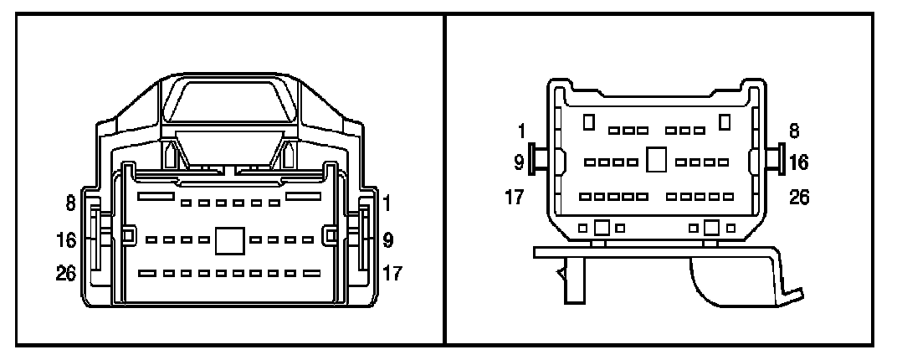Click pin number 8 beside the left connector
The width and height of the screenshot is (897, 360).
coord(72,202)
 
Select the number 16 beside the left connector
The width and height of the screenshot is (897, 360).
coord(67,241)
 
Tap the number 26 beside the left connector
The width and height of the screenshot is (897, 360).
coord(67,274)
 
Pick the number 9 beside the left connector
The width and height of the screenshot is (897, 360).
coord(389,241)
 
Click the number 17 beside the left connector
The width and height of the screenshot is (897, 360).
coord(392,274)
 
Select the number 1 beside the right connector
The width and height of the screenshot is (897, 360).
coord(521,131)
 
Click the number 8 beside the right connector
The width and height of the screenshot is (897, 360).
coord(793,131)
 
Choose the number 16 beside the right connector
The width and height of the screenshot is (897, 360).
coord(799,161)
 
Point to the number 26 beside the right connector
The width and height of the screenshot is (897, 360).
coord(799,198)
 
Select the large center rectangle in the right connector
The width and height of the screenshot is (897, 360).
coord(657,160)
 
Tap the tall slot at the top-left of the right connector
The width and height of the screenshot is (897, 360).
coord(589,122)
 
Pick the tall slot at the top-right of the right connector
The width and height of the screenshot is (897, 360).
coord(725,122)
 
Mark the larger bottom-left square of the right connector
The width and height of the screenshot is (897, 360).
coord(601,227)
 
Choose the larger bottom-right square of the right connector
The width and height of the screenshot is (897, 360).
coord(712,227)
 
